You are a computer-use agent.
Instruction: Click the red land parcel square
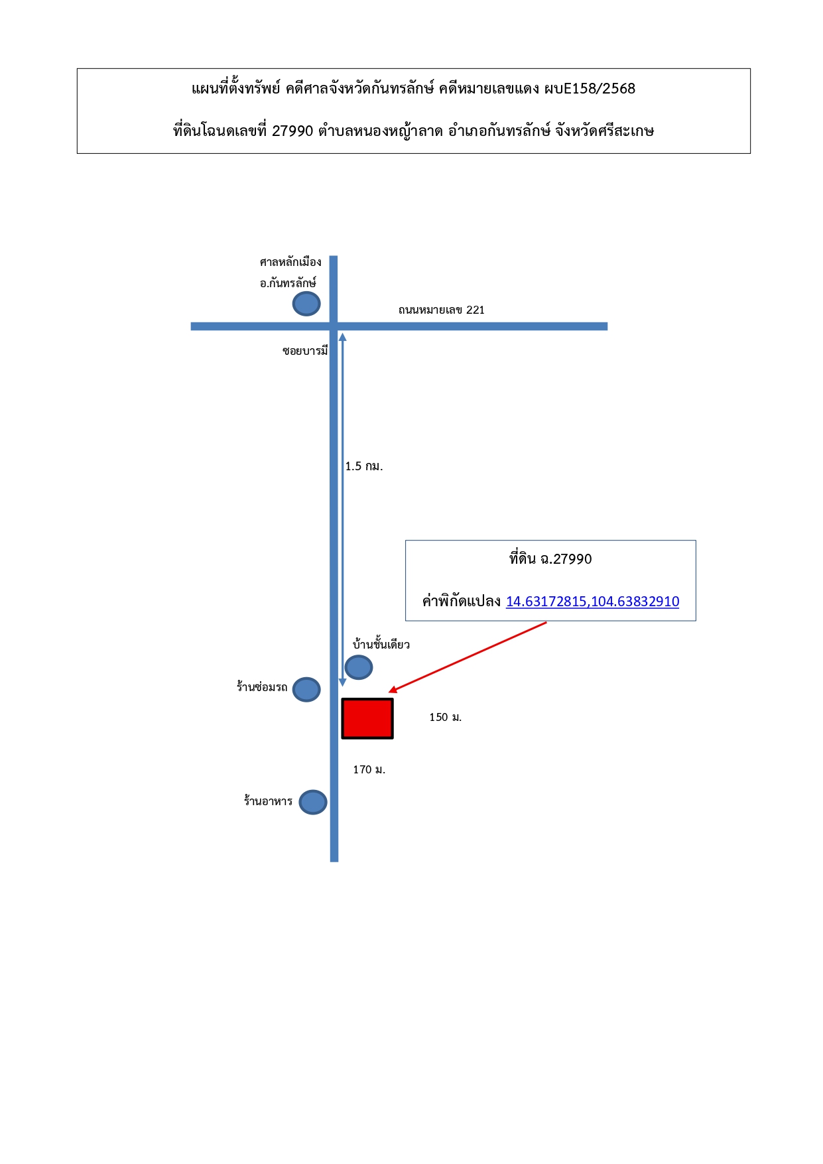point(367,718)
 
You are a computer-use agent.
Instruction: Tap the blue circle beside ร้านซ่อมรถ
point(306,690)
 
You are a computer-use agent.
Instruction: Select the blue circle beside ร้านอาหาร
point(313,803)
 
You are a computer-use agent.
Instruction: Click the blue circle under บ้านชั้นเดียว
point(359,667)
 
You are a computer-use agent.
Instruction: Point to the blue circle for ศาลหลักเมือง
point(306,304)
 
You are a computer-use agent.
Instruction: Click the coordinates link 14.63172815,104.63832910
point(592,602)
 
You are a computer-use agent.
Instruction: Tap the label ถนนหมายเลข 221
point(442,310)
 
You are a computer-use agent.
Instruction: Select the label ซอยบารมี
point(305,351)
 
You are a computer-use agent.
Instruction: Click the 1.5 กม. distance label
point(364,466)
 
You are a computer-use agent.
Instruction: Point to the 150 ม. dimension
point(446,717)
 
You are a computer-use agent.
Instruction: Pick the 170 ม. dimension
point(369,769)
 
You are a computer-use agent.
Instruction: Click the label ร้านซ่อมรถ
point(262,687)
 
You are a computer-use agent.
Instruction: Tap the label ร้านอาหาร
point(268,801)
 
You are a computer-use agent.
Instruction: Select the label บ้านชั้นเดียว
point(381,644)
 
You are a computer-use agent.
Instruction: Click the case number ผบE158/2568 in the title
point(590,89)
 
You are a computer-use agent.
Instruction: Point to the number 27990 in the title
point(292,131)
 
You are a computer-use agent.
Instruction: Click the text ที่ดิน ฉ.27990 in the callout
point(550,559)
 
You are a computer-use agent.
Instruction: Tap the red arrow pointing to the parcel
point(468,657)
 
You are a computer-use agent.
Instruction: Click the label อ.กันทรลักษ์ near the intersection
point(288,283)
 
